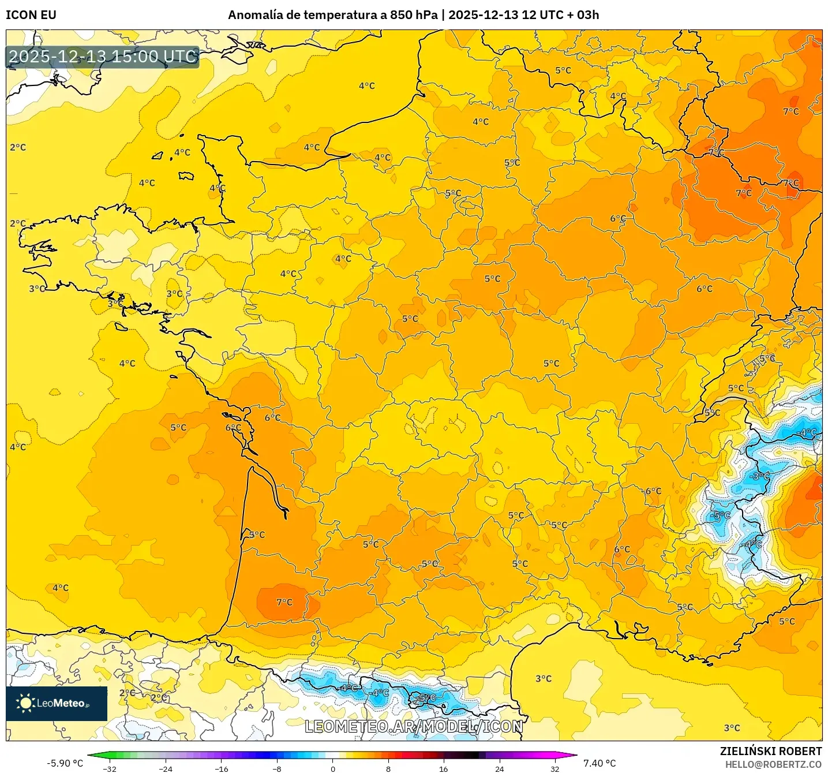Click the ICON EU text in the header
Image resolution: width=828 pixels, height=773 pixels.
point(31,15)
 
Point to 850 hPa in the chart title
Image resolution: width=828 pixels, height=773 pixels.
point(414,15)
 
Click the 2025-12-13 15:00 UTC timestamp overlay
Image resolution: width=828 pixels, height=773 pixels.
point(103,57)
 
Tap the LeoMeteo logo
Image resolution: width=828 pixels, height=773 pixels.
point(57,703)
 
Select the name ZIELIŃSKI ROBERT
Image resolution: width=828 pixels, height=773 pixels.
point(770,751)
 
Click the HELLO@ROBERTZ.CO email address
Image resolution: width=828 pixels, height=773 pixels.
point(773,764)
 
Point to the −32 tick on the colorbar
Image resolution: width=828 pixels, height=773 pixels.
point(110,768)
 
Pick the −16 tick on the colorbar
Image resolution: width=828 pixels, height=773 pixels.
point(221,768)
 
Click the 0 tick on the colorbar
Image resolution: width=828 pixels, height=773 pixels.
point(333,768)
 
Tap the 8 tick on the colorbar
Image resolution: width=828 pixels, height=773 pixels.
point(388,768)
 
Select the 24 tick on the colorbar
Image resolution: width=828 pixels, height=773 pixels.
point(500,768)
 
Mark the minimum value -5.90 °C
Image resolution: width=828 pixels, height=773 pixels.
point(65,763)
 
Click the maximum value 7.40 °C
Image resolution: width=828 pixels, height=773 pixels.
point(600,763)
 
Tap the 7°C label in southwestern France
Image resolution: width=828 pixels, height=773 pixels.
point(284,602)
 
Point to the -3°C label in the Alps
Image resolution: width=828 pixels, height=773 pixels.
point(761,476)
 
